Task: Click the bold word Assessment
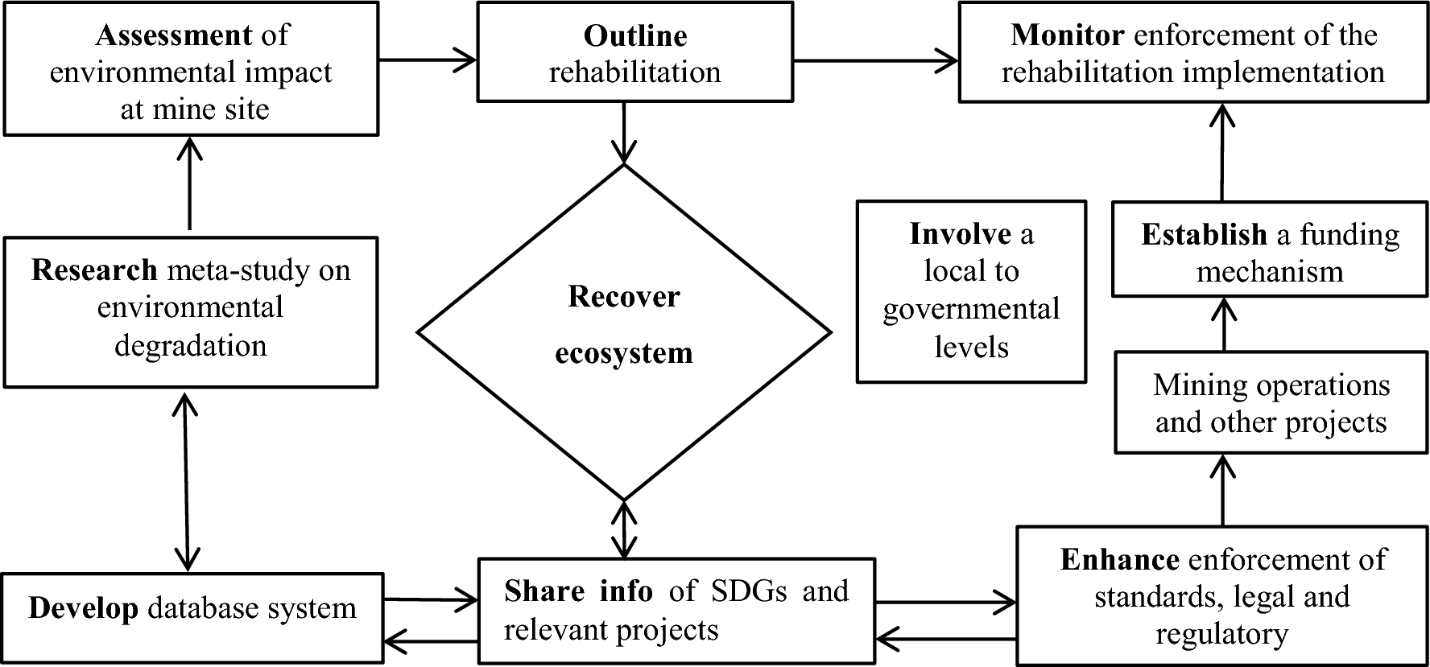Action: pyautogui.click(x=174, y=35)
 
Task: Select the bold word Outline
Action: pyautogui.click(x=635, y=36)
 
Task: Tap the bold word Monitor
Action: pyautogui.click(x=1068, y=35)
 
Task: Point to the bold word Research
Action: pyautogui.click(x=94, y=270)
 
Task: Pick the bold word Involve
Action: pyautogui.click(x=961, y=234)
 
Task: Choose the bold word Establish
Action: pyautogui.click(x=1204, y=235)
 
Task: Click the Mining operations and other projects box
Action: pyautogui.click(x=1271, y=403)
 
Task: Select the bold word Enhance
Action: pyautogui.click(x=1120, y=560)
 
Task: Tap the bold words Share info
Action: pyautogui.click(x=578, y=591)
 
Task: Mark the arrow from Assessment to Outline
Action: pyautogui.click(x=428, y=59)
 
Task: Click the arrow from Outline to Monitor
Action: pyautogui.click(x=875, y=59)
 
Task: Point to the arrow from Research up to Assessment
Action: pyautogui.click(x=190, y=185)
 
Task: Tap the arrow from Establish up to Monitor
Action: pyautogui.click(x=1223, y=153)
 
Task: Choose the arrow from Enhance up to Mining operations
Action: pyautogui.click(x=1223, y=490)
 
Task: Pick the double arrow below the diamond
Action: pyautogui.click(x=624, y=529)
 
